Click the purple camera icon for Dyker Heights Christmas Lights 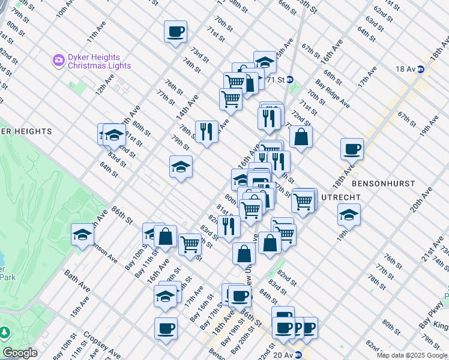[58, 59]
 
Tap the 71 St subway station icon [289, 79]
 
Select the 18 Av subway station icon [421, 69]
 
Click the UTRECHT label [341, 197]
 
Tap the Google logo [20, 353]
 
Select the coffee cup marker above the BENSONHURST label [352, 148]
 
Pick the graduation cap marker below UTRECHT [348, 214]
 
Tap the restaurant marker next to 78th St [206, 131]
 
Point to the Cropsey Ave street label [94, 338]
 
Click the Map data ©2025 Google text [412, 355]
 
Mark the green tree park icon [4, 332]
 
